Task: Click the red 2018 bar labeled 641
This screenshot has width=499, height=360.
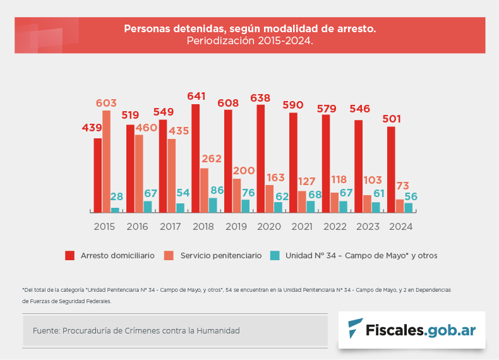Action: point(196,158)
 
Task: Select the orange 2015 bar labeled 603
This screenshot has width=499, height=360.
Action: point(106,161)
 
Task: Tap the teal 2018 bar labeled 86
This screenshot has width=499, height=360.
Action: point(212,205)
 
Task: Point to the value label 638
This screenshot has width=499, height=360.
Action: point(260,98)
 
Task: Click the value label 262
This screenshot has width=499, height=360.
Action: point(212,159)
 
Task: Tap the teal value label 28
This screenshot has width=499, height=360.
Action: point(116,197)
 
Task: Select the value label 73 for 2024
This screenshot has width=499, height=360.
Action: point(402,186)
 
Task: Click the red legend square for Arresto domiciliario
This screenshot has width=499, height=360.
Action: point(70,256)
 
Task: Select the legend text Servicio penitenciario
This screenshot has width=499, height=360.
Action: point(220,256)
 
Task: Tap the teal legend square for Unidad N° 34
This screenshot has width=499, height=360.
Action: point(275,256)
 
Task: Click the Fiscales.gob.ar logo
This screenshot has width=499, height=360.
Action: point(411,330)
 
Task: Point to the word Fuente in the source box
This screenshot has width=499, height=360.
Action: point(45,331)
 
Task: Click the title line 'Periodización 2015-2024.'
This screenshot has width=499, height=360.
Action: point(249,40)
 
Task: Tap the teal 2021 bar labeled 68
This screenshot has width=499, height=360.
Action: point(310,207)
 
